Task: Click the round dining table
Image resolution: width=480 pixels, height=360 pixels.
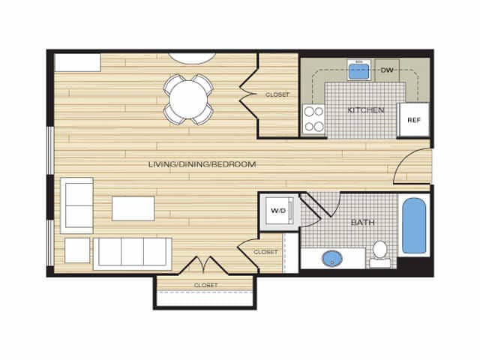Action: coord(189,97)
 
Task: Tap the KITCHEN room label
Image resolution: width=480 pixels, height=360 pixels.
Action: coord(366,110)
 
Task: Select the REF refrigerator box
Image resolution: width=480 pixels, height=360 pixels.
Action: coord(413,120)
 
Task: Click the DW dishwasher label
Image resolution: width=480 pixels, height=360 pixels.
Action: coord(387,70)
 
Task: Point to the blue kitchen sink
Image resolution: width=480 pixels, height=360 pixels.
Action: coord(359,72)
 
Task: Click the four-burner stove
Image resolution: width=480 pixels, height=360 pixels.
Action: coord(313,117)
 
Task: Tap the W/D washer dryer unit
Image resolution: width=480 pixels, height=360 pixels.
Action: coord(277,211)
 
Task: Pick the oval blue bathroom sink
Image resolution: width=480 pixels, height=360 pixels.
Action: coord(331,259)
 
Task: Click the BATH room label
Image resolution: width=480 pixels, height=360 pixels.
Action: coord(363,223)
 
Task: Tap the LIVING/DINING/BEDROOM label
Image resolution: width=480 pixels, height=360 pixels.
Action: coord(202,164)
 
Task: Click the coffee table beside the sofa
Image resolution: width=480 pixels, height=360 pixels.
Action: coord(133,208)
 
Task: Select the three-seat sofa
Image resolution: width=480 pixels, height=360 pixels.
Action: coord(132,253)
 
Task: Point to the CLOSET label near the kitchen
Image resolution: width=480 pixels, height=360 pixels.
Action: coord(277,94)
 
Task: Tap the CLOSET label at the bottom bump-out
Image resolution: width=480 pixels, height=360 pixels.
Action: coord(205,286)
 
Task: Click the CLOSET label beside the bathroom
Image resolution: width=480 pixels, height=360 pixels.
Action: coord(265,252)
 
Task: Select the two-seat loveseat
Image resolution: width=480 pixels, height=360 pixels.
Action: coord(77,204)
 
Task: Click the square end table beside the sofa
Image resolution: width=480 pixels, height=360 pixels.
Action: coord(77,250)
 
